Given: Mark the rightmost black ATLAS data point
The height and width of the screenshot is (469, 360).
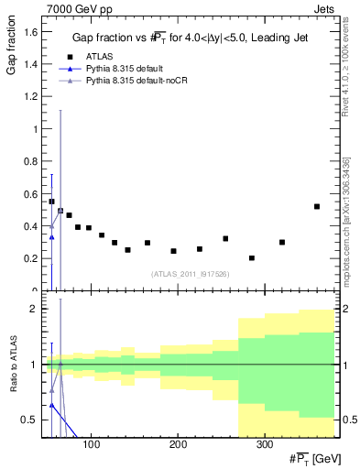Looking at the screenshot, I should click(317, 206).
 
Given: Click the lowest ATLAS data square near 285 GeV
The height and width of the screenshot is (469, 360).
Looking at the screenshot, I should click(252, 258).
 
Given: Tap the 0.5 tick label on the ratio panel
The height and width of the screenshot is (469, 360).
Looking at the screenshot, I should click(28, 420).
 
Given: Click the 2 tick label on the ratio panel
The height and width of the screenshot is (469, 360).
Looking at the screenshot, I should click(32, 309).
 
